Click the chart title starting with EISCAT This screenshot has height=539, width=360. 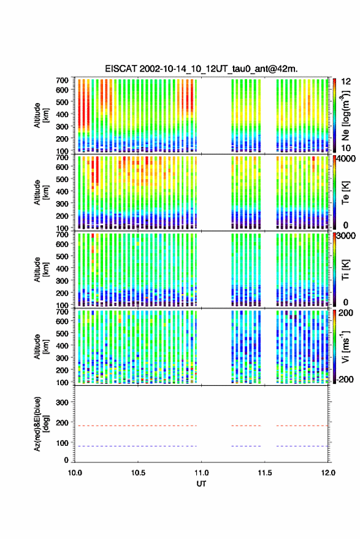[x=201, y=69]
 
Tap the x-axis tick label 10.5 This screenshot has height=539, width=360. [x=138, y=473]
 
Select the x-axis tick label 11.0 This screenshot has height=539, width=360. [x=201, y=473]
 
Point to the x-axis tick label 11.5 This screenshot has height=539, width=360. [x=264, y=473]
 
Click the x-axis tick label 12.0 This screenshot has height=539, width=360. [x=328, y=473]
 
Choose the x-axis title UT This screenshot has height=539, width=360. [x=201, y=484]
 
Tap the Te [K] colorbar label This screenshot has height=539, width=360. [x=345, y=193]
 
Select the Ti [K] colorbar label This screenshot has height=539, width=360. [x=345, y=270]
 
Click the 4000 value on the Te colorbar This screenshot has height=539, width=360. [x=347, y=159]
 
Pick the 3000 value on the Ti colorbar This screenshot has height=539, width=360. [x=347, y=236]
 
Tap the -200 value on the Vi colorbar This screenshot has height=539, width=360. [x=344, y=380]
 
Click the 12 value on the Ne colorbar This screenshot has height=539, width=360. [x=347, y=82]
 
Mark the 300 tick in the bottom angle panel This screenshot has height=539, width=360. [x=62, y=402]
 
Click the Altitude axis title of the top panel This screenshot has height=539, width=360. [x=40, y=115]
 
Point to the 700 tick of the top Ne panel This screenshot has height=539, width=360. [x=62, y=80]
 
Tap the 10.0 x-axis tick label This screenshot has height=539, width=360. [x=75, y=473]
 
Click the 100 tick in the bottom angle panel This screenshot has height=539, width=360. [x=62, y=443]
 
